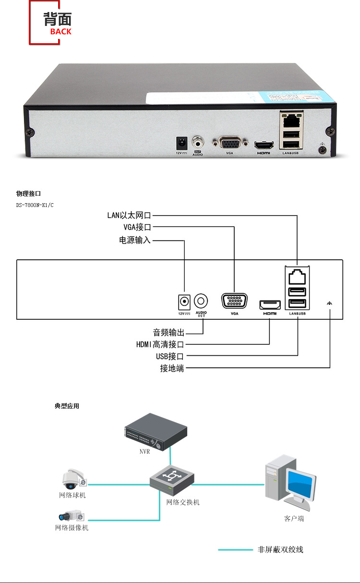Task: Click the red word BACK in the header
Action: point(60,32)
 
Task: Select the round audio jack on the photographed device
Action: point(198,142)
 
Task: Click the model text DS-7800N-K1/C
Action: point(35,205)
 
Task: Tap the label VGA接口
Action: point(137,227)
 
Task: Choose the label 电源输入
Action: point(135,240)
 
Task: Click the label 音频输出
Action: point(168,332)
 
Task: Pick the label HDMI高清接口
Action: point(160,344)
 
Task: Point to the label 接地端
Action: point(172,368)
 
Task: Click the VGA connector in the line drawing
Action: point(234,302)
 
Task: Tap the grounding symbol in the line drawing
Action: point(330,303)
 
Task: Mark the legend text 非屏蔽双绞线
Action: point(280,549)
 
